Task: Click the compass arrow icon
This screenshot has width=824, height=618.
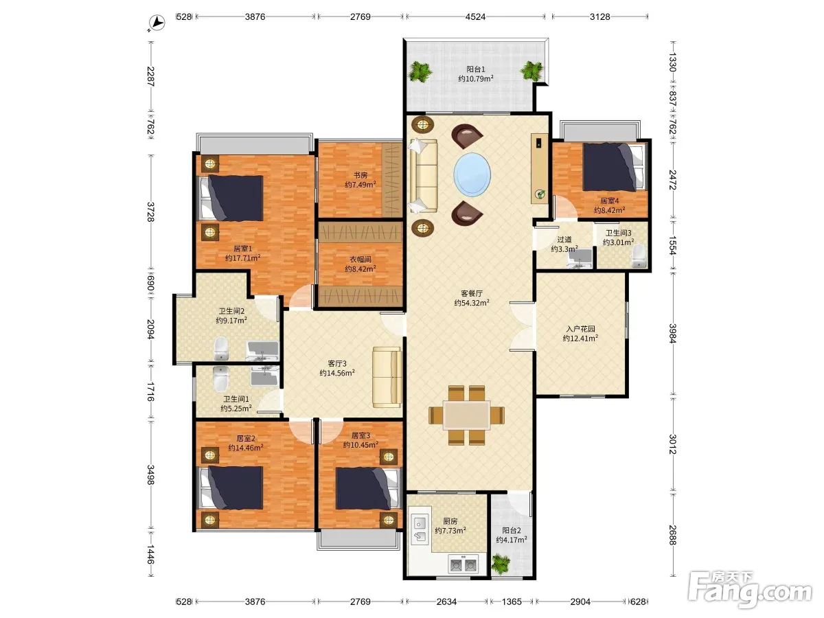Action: [157, 23]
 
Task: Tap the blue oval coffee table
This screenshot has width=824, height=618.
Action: [472, 174]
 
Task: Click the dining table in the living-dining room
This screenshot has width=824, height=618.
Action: [467, 415]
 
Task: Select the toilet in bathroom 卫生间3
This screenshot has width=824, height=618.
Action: [639, 256]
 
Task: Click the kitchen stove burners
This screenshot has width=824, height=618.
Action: [463, 564]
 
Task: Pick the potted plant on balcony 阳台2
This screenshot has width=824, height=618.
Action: [501, 564]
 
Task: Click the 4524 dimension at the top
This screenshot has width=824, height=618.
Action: [475, 17]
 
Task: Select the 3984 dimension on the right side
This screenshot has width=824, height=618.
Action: [673, 334]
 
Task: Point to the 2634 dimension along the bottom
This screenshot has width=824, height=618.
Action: [446, 602]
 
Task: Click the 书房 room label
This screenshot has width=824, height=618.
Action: [360, 175]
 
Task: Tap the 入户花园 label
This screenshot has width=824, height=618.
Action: [581, 329]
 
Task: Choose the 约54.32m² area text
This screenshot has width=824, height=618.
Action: [472, 303]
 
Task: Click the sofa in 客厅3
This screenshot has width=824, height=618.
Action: [387, 377]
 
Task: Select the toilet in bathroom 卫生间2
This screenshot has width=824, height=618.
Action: [220, 348]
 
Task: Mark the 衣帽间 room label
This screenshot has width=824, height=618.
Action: [360, 260]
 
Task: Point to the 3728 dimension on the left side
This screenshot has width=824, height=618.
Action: [150, 211]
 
